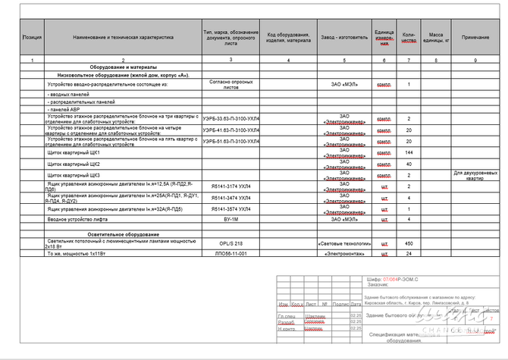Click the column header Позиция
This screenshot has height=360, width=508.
pyautogui.click(x=33, y=36)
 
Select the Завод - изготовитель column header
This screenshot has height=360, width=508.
pyautogui.click(x=344, y=36)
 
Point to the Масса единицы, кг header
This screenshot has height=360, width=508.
pyautogui.click(x=436, y=36)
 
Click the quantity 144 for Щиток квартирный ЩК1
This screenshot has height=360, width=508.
pyautogui.click(x=409, y=152)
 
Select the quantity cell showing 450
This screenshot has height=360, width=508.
pyautogui.click(x=409, y=243)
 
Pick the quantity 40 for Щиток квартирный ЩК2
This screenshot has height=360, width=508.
pyautogui.click(x=409, y=164)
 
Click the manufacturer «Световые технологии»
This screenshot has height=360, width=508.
pyautogui.click(x=344, y=243)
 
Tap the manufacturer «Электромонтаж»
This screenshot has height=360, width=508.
pyautogui.click(x=344, y=253)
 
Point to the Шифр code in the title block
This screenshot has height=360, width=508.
pyautogui.click(x=401, y=280)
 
